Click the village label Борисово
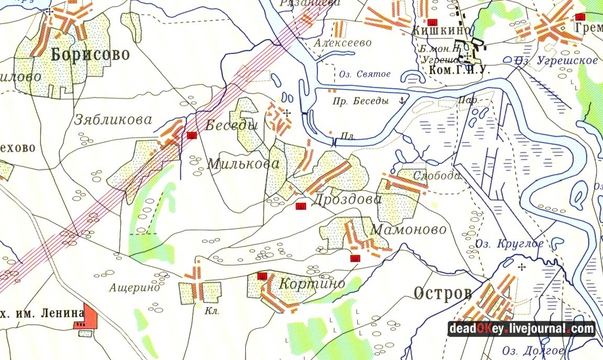(90, 54)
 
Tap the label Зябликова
(113, 120)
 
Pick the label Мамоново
(408, 230)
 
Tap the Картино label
(312, 284)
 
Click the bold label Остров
(442, 294)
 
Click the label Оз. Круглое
(509, 244)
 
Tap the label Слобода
(437, 176)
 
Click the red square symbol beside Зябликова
(191, 136)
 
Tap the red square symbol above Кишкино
(433, 22)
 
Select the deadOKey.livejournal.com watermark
(521, 329)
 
